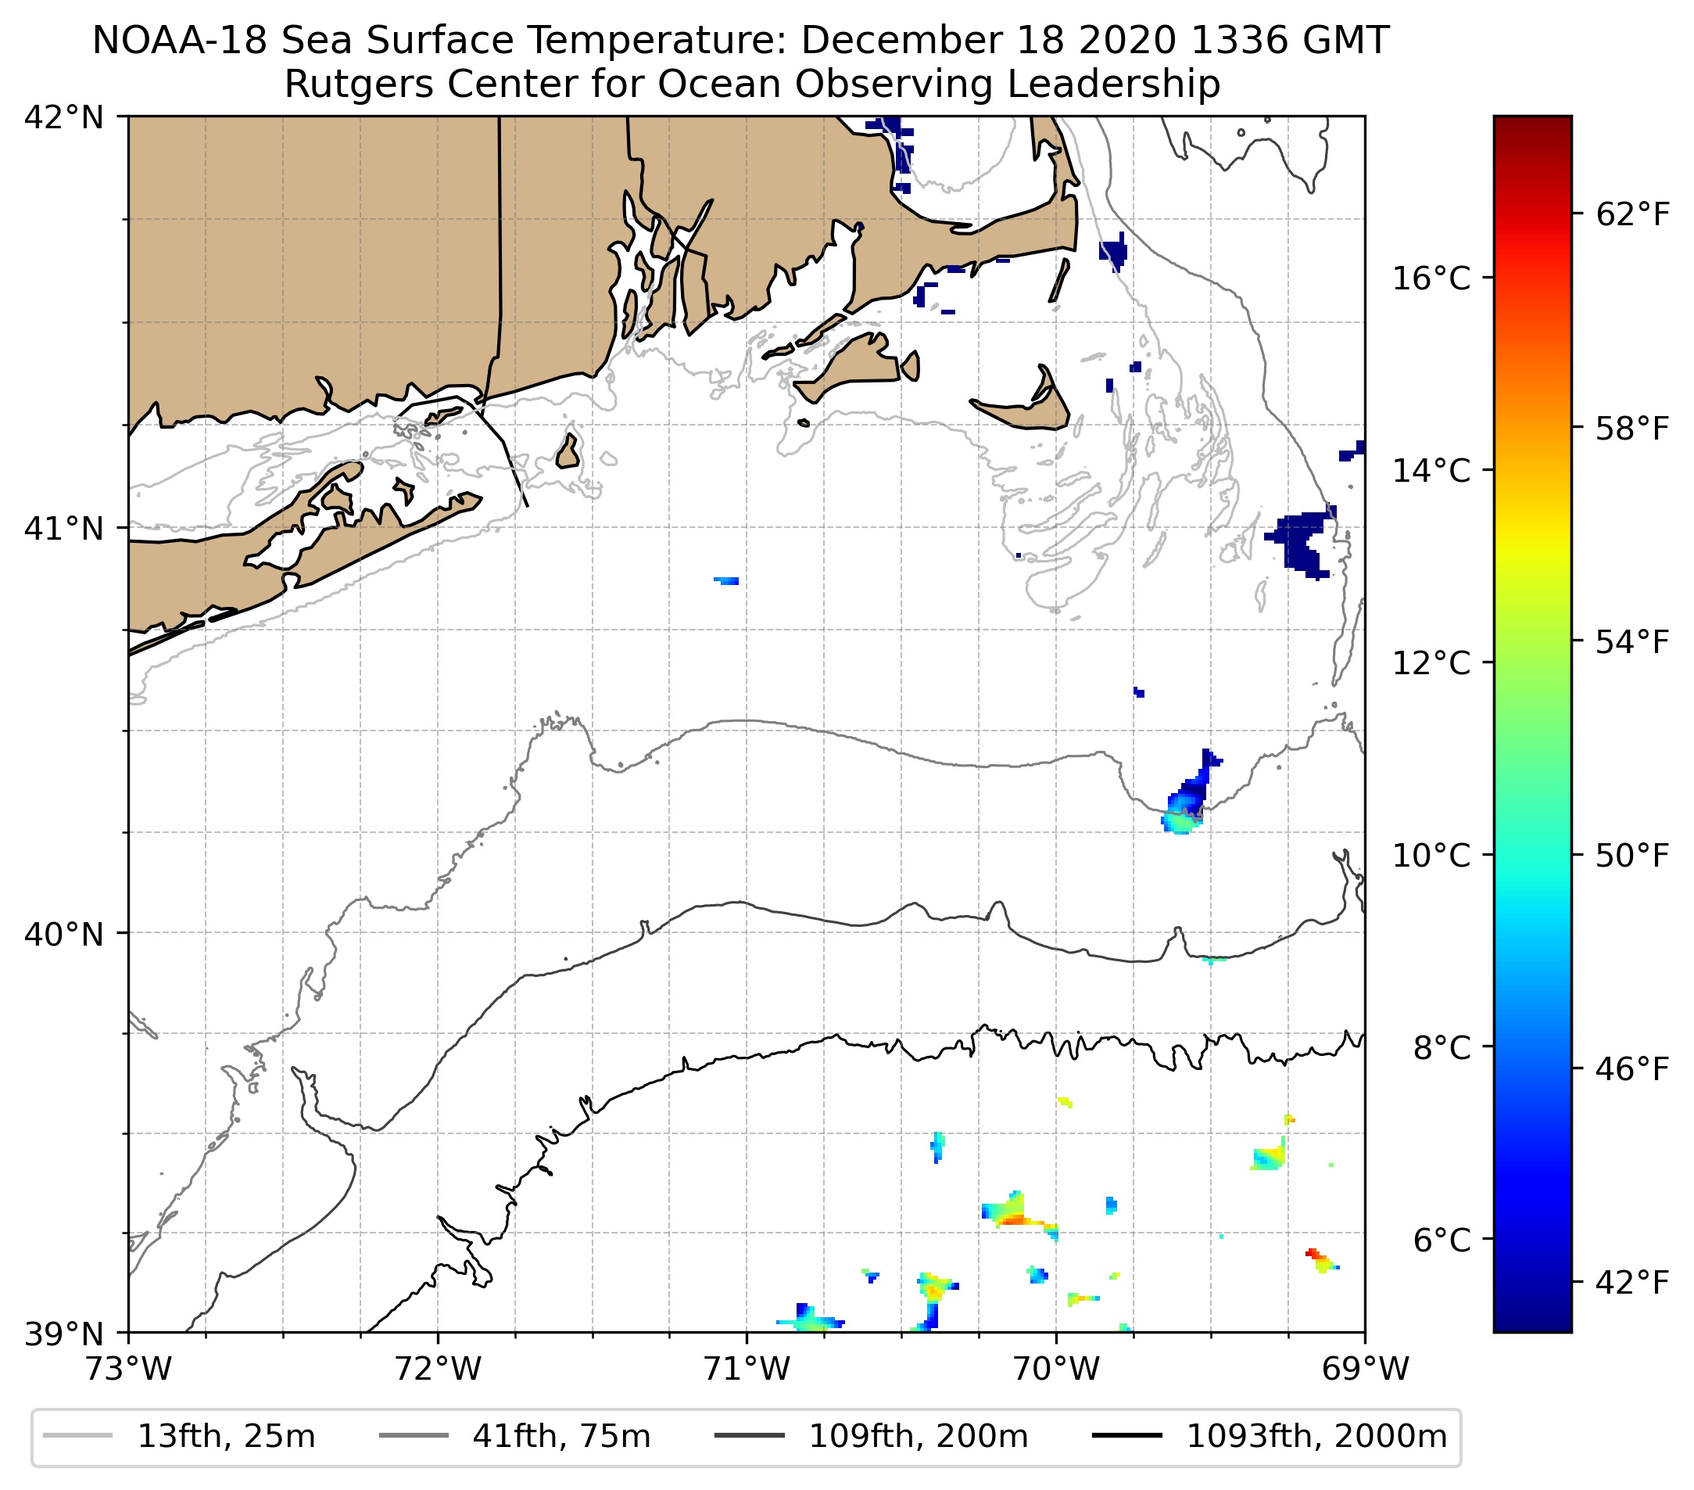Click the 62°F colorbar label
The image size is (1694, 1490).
(1631, 215)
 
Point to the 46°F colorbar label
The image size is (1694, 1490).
(1631, 1070)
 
